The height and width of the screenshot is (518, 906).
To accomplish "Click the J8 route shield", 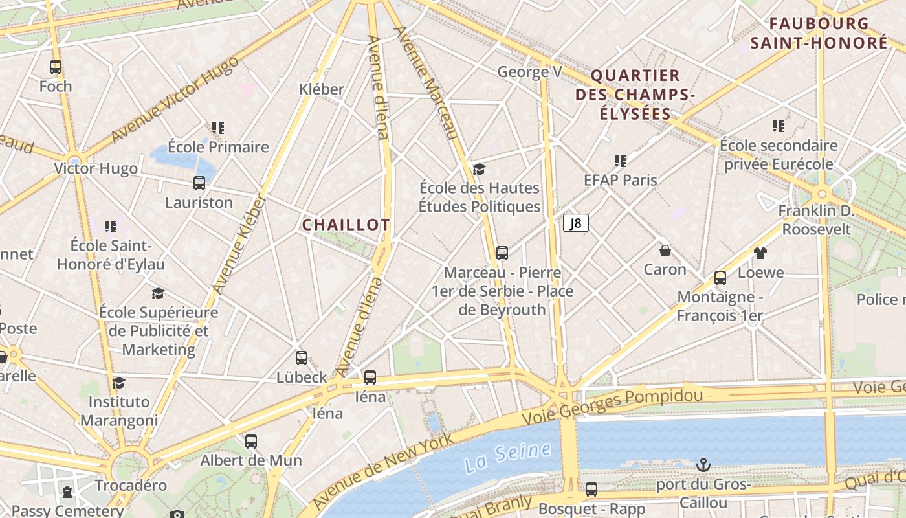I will (575, 223).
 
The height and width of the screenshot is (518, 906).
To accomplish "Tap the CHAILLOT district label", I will (346, 225).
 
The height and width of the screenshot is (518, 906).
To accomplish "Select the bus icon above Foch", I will (56, 67).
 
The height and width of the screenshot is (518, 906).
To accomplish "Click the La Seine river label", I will (507, 456).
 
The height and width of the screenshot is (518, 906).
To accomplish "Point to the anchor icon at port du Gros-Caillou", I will (703, 465).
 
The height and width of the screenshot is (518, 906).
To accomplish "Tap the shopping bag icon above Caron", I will (665, 250).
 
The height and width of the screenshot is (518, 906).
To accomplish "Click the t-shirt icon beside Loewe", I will (760, 253).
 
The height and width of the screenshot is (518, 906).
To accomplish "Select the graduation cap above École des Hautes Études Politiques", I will (479, 169).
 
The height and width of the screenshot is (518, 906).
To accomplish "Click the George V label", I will (529, 72).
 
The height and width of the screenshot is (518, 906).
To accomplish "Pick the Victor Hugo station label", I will (96, 169).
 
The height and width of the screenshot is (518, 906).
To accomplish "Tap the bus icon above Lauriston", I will (199, 183).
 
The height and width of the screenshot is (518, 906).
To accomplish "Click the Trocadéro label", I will (131, 485).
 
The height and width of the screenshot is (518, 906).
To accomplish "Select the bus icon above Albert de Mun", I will (251, 442).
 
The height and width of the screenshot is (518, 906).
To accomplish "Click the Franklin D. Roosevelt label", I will (816, 220).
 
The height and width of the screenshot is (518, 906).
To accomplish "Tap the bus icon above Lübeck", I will (302, 358).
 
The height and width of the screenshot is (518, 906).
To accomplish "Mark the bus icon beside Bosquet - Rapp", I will (591, 490).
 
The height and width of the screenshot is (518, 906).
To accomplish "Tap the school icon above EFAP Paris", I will (621, 161).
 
